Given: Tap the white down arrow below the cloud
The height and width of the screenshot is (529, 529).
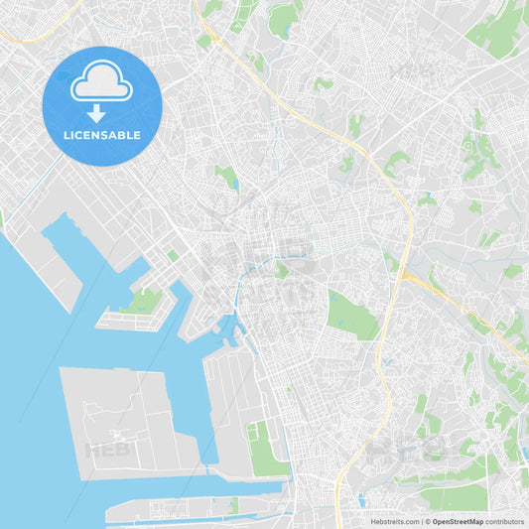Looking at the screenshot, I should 97,112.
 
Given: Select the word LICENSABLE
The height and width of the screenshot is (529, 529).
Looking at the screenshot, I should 102,135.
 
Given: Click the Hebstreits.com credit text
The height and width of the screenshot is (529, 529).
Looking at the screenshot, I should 393,521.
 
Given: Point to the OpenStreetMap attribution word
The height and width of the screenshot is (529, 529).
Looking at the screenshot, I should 458,521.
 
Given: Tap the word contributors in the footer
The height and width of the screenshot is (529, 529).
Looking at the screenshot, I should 505,521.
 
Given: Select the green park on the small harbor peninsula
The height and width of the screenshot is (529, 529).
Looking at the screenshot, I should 145,300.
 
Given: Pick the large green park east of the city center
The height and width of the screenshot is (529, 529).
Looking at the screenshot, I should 352,316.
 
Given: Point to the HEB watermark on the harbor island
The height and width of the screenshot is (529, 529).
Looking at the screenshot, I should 107,450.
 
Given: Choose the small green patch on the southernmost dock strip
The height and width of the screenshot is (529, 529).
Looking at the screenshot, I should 232,506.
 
